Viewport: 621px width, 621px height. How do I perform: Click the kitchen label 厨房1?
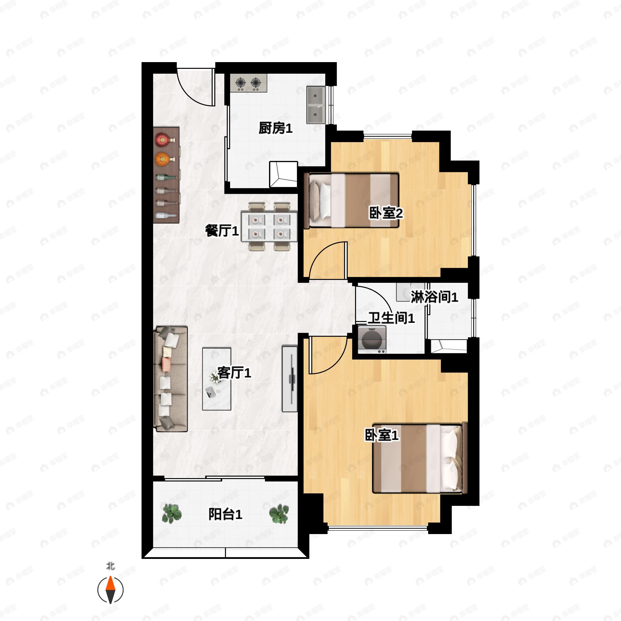pos(276,128)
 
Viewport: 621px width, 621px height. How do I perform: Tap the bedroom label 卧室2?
pos(386,213)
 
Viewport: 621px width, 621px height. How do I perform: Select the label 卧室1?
pos(382,435)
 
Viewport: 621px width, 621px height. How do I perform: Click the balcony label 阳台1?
pos(225,514)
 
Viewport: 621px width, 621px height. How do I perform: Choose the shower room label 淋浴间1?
pos(434,297)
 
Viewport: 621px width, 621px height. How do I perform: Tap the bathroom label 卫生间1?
pos(391,318)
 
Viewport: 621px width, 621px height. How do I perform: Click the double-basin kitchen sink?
pos(316,105)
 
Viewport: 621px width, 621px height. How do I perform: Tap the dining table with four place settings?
pos(269,226)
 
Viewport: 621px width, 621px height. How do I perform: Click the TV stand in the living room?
pos(290,378)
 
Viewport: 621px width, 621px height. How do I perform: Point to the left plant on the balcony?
pos(171,514)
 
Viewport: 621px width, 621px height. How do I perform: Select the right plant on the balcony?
pos(279,514)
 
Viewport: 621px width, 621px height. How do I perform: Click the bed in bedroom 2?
pos(351,201)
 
